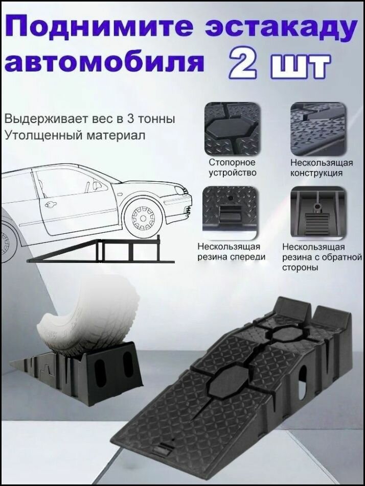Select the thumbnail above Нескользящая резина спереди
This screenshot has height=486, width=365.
click(232, 211)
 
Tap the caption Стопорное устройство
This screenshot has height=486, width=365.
click(232, 167)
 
